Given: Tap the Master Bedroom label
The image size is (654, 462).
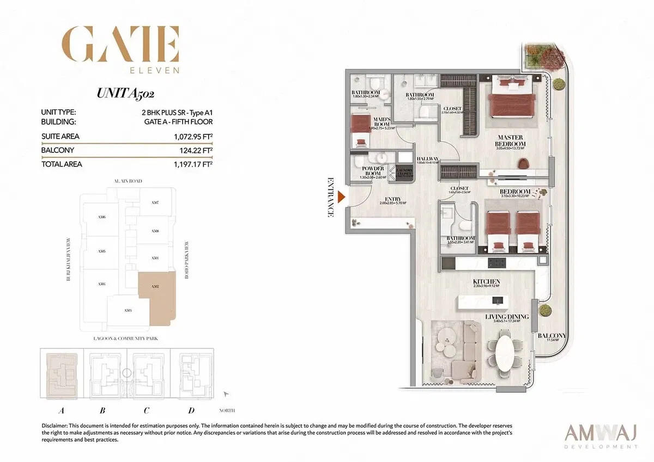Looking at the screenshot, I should coord(510,141).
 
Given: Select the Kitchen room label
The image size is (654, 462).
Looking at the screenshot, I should coord(487,282).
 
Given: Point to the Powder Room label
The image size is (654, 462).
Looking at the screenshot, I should coord(373,172).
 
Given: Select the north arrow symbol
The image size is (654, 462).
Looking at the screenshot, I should coord(227,393).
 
